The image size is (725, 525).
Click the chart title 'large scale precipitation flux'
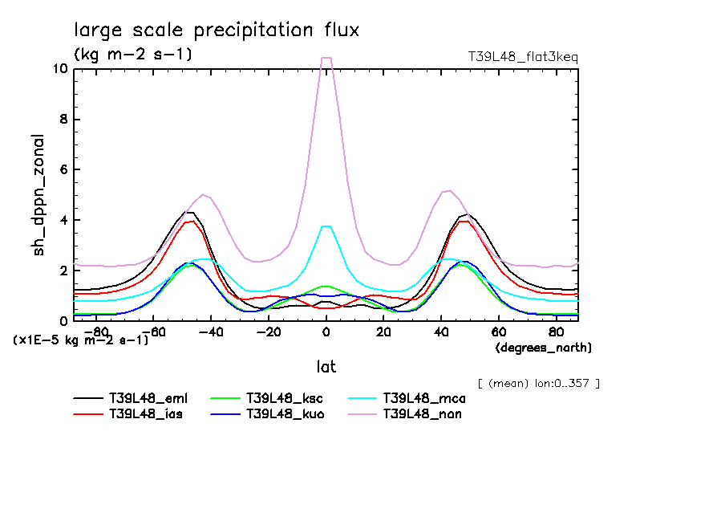(x=217, y=31)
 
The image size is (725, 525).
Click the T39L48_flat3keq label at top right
(x=522, y=57)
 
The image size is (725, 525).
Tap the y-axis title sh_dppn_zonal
(x=38, y=195)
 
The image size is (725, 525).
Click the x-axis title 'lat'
(x=326, y=367)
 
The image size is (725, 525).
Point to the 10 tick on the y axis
(x=59, y=69)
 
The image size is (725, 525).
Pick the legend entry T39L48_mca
(x=423, y=398)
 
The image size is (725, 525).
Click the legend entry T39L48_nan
(x=422, y=414)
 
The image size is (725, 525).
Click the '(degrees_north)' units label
(x=544, y=348)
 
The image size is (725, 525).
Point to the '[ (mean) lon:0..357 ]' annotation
(x=538, y=383)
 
